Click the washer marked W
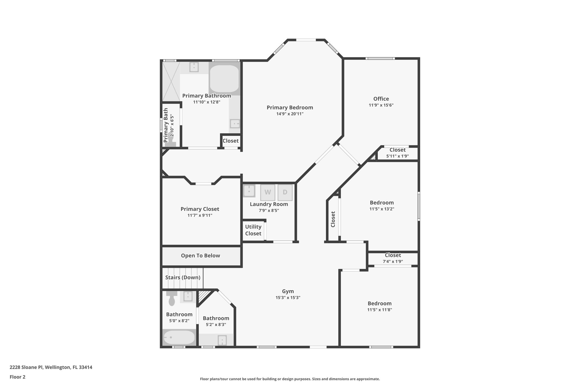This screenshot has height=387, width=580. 268,192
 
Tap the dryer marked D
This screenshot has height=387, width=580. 285,192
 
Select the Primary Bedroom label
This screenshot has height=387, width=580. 290,107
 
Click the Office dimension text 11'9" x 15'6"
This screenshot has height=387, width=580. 381,105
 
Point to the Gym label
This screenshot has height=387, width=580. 288,291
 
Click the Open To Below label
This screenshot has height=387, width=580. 201,255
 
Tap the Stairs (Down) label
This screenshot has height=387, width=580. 183,277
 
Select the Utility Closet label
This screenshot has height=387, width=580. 253,230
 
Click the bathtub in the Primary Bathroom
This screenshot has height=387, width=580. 224,79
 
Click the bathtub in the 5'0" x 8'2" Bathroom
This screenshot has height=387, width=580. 179,337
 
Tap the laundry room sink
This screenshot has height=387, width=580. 249,191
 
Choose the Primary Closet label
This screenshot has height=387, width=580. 200,209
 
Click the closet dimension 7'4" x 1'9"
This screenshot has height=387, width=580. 393,261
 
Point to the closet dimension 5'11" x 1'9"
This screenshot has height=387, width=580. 397,156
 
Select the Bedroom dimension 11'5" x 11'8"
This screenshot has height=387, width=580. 379,310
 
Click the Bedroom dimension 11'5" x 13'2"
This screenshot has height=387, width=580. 382,209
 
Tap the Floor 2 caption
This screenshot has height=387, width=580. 18,377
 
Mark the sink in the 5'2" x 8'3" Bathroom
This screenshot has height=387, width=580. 222,340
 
